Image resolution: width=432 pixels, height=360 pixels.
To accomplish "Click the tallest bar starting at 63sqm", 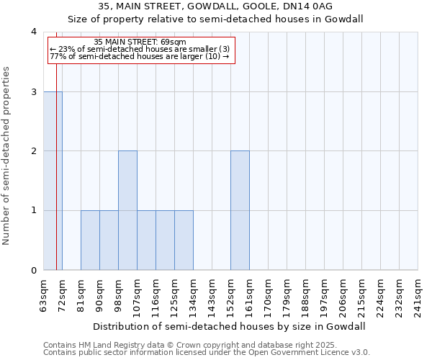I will [x=53, y=181].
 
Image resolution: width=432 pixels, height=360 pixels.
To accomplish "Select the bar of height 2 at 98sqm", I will [x=127, y=210].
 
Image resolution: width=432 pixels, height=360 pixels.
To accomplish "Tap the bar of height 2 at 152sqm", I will [x=240, y=210].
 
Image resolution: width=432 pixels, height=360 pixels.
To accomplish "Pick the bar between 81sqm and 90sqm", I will [x=90, y=240].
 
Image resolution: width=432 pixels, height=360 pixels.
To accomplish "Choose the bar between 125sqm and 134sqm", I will [x=184, y=240].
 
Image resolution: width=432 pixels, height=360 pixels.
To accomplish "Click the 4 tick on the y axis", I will [x=34, y=32].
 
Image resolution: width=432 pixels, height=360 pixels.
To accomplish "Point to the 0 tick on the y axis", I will [x=34, y=271].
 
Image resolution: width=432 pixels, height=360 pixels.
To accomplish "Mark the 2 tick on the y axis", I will [x=34, y=151].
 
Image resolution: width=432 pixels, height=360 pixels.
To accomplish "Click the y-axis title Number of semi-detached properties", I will [x=7, y=156].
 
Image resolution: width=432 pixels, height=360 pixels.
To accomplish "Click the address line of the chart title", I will [x=215, y=7].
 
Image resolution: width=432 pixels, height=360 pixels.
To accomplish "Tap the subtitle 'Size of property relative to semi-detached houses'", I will [x=215, y=19].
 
